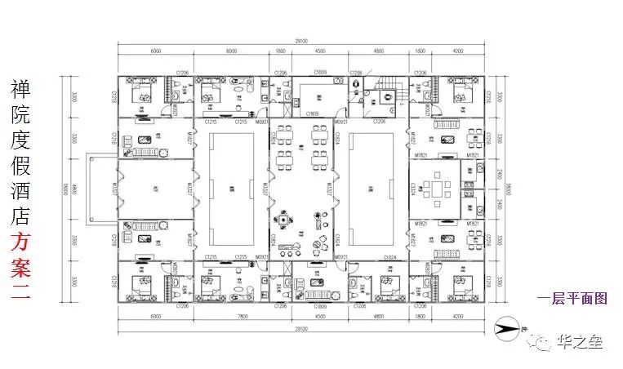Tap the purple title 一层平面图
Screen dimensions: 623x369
572,299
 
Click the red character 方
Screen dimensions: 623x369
20,242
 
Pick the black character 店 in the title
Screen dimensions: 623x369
20,216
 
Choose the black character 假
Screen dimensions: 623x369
20,166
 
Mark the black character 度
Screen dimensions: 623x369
20,140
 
